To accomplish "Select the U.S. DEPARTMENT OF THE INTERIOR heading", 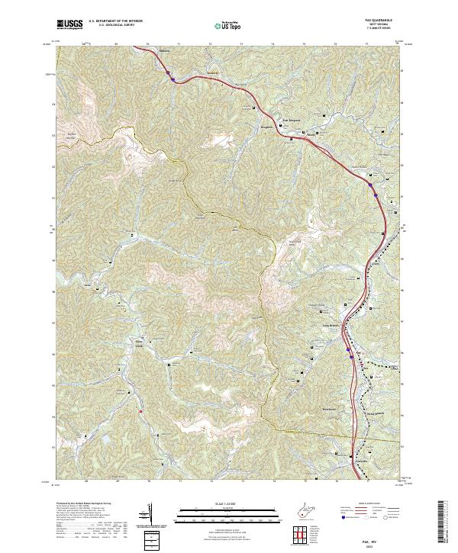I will tap(116, 21).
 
